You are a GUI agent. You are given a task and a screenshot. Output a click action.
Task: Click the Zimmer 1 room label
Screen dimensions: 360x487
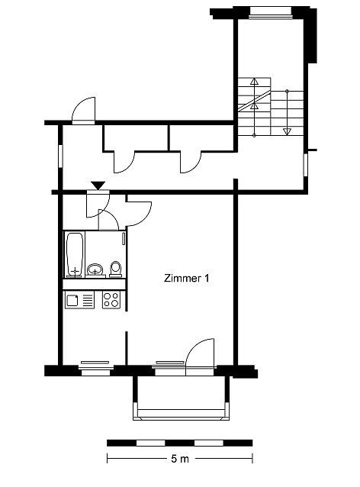coord(186,278)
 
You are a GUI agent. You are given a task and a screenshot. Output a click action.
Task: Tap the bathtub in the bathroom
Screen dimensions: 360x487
coord(75,254)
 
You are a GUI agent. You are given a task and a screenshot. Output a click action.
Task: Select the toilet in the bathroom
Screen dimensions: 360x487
coord(116,269)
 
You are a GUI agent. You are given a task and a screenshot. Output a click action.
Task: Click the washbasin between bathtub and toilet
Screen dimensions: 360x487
coord(95,269)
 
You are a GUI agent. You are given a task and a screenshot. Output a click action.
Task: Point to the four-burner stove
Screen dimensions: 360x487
coord(111,300)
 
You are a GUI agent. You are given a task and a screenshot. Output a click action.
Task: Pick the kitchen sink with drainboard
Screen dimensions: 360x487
coord(79,300)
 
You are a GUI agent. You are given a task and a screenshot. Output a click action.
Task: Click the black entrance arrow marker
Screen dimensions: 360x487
coord(98,185)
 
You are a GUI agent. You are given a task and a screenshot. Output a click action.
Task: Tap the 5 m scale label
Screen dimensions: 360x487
coord(180,459)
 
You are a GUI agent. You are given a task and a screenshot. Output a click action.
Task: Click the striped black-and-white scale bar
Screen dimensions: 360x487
coord(180,443)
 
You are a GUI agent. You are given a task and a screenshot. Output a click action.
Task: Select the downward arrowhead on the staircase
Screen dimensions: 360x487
coord(287,131)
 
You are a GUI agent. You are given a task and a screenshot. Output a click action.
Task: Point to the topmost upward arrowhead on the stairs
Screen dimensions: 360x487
coord(255,82)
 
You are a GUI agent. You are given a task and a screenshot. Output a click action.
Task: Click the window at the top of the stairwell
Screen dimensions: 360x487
coord(271,11)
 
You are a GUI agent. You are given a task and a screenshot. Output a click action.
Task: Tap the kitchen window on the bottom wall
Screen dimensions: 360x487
coord(95,367)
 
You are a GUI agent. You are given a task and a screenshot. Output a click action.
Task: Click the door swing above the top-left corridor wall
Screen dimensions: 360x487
coord(84,108)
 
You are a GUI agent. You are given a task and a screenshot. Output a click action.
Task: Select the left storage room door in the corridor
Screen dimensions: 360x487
coord(124,162)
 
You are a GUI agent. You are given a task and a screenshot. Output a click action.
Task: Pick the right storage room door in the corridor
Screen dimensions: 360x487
coord(191,162)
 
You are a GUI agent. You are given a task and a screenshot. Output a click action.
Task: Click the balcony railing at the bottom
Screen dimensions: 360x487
coord(182,414)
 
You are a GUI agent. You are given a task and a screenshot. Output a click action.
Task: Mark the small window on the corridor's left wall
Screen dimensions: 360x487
coord(61,156)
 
